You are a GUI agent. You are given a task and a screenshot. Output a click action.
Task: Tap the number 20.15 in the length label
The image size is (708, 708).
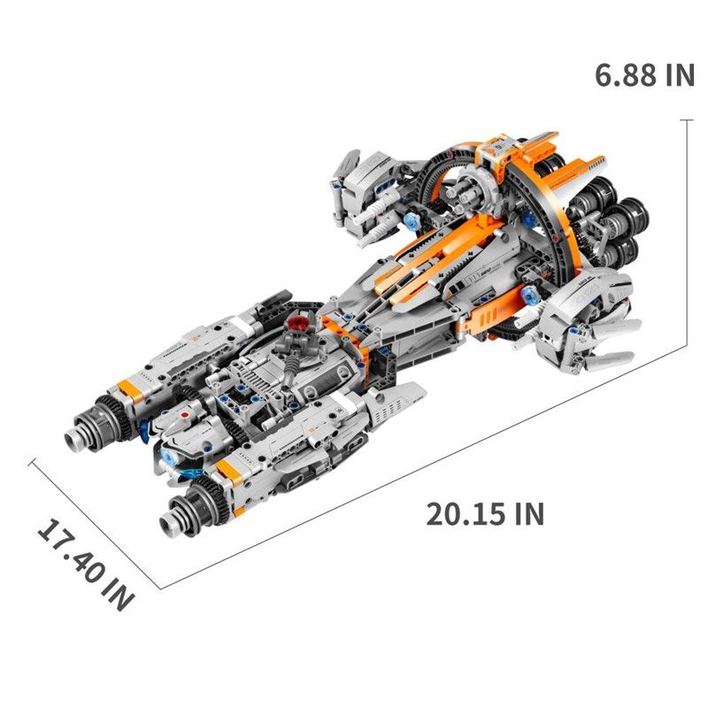(x=463, y=514)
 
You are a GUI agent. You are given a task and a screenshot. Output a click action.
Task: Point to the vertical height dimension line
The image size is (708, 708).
(x=687, y=232)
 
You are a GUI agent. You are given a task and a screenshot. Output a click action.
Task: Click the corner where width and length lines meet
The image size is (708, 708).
(x=161, y=589)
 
